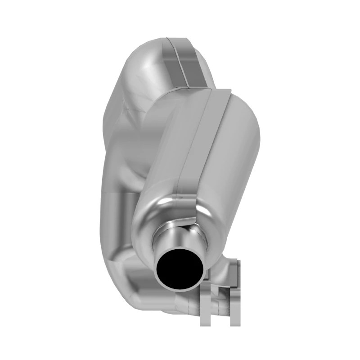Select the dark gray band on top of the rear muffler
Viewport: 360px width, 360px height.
point(184,63)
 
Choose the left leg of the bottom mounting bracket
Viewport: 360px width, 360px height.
point(205,310)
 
